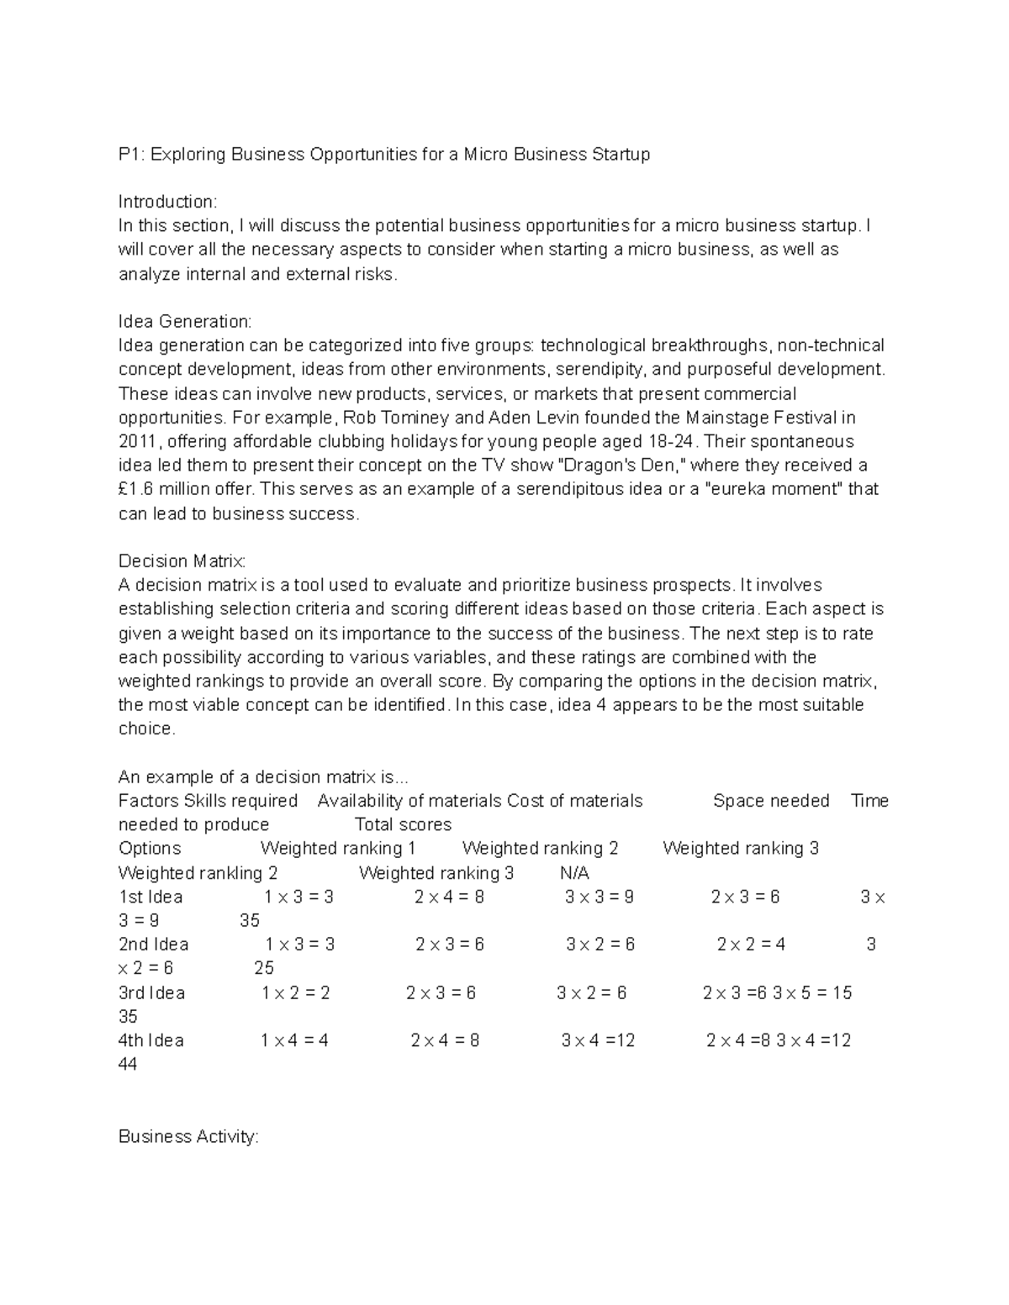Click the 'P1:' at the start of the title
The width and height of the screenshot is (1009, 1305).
[x=131, y=155]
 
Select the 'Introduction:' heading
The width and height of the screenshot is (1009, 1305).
[x=167, y=202]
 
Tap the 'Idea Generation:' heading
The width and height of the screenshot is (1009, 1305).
[x=184, y=322]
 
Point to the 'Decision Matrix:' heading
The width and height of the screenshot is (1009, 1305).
[x=182, y=561]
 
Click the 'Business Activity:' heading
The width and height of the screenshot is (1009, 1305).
[x=188, y=1137]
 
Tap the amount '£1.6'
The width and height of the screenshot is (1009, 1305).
[x=136, y=490]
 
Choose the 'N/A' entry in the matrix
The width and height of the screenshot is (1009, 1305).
[x=574, y=873]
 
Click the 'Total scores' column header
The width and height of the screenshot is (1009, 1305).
[x=403, y=825]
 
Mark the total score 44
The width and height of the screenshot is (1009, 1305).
[x=128, y=1065]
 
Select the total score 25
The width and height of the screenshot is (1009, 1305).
[x=264, y=969]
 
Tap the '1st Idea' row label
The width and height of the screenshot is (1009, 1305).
[x=151, y=897]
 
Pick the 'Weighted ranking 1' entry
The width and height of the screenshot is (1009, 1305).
[x=338, y=849]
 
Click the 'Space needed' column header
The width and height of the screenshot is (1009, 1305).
[x=771, y=801]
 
